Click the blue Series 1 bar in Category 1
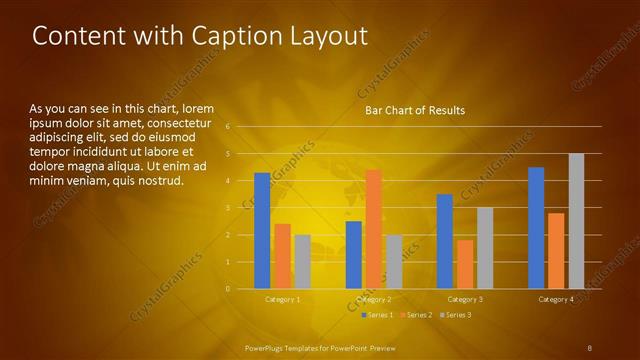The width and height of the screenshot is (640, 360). pos(262,231)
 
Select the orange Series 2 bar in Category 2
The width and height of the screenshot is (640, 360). pos(373,229)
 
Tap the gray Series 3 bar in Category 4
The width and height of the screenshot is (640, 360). pos(576,221)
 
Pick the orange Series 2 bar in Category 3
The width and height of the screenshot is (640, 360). pos(465,264)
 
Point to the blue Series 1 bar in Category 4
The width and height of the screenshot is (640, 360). pos(536,228)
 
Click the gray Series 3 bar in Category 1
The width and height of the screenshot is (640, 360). pos(302,262)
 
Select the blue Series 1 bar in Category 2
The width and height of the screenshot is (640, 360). pos(353,255)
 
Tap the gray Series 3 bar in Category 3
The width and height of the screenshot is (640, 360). pos(485,248)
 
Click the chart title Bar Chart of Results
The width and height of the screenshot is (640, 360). pos(414,110)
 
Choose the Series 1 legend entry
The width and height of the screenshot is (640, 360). pos(377,315)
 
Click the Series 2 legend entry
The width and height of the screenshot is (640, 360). pos(415,315)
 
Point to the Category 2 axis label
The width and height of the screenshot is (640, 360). pos(373,299)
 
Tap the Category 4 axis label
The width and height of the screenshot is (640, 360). pos(556,299)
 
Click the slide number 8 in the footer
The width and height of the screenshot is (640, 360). pos(590,347)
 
